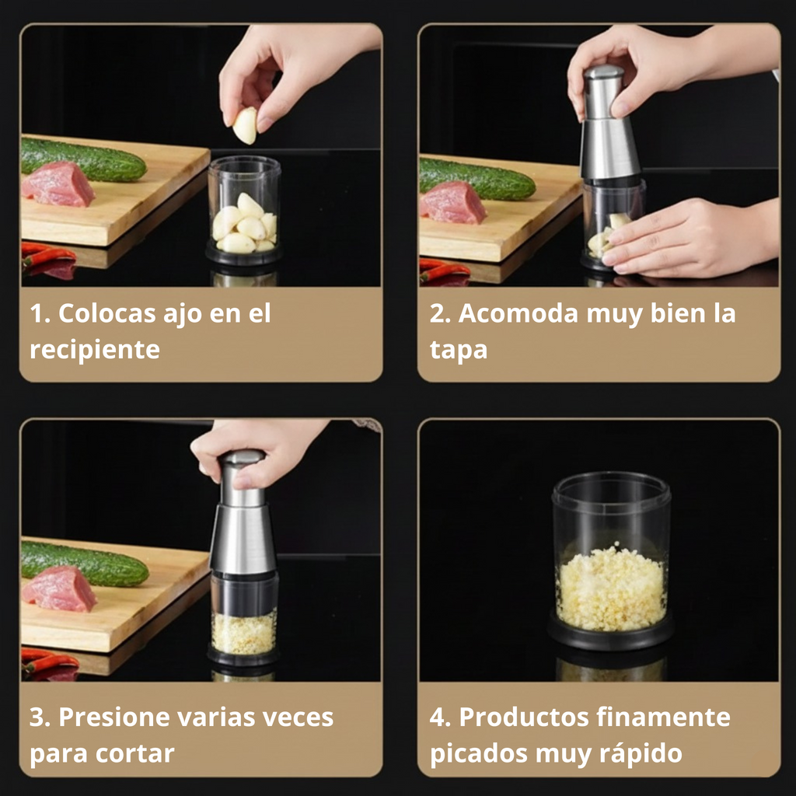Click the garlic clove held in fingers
[x=245, y=125]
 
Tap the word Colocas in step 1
[x=107, y=313]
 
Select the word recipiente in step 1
[x=95, y=351]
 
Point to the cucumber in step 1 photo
[x=84, y=160]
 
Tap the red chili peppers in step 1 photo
[x=48, y=258]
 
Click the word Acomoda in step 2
[x=518, y=313]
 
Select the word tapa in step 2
[x=459, y=351]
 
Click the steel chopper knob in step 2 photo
[x=602, y=92]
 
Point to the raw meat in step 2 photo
[x=452, y=203]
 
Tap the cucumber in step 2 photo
[x=477, y=180]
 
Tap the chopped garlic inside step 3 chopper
[x=244, y=633]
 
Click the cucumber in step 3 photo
[x=85, y=564]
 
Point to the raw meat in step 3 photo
[x=59, y=589]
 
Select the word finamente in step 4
[x=663, y=717]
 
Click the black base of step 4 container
[x=610, y=635]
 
